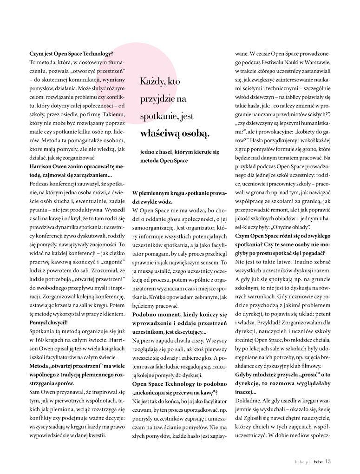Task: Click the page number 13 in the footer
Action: pyautogui.click(x=328, y=461)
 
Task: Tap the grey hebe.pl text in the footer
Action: pyautogui.click(x=302, y=461)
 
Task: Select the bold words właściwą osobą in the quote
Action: pyautogui.click(x=175, y=134)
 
